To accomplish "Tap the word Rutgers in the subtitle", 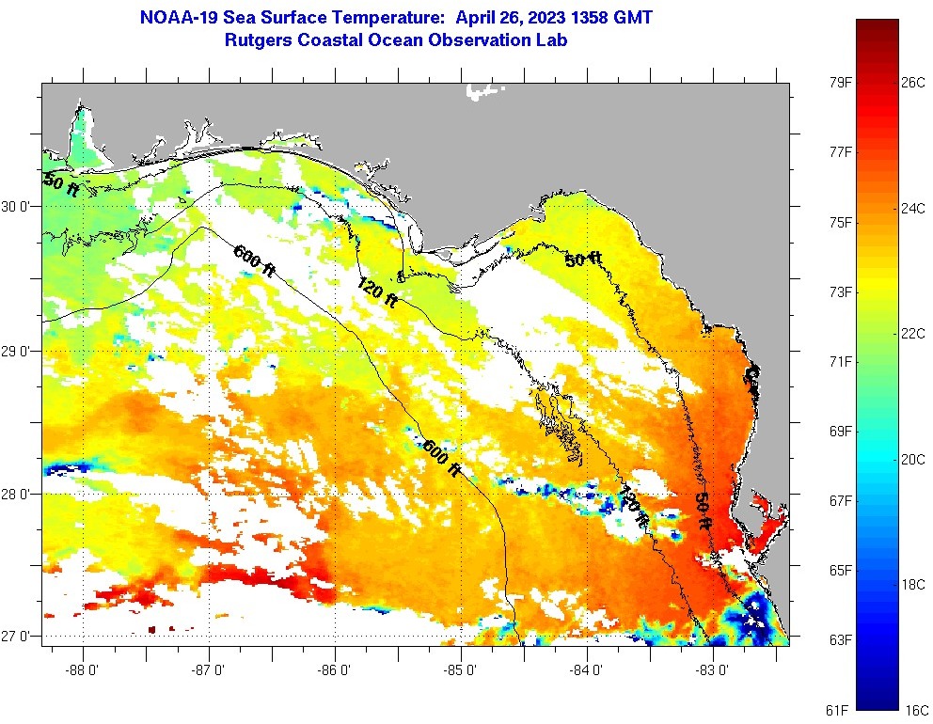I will click(260, 40).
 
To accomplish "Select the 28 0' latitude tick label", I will click(18, 494).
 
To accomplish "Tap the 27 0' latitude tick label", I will click(18, 637).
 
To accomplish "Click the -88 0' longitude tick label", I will click(84, 670).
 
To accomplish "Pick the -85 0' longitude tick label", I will click(462, 670).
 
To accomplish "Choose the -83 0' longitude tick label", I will click(714, 670).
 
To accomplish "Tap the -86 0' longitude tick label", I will click(336, 670).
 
